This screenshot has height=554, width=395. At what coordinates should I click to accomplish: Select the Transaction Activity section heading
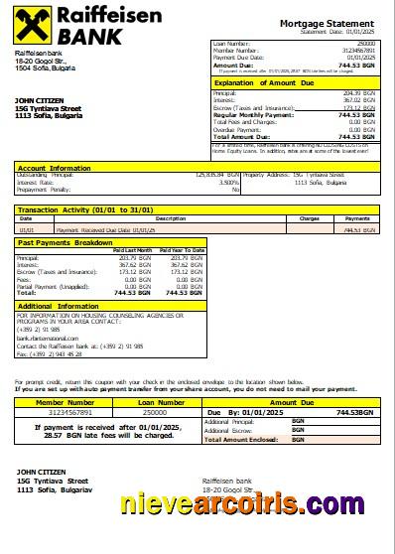[x=82, y=209]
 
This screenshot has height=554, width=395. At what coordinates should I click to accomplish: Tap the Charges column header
[x=309, y=217]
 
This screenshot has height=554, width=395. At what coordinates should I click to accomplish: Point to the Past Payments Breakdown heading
[x=66, y=241]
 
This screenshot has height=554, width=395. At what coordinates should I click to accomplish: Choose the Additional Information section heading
[x=58, y=306]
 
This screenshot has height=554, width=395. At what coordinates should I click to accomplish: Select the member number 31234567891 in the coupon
[x=65, y=411]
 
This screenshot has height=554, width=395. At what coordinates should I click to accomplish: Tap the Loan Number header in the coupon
[x=155, y=402]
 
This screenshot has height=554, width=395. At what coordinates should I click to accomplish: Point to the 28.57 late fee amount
[x=51, y=434]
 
